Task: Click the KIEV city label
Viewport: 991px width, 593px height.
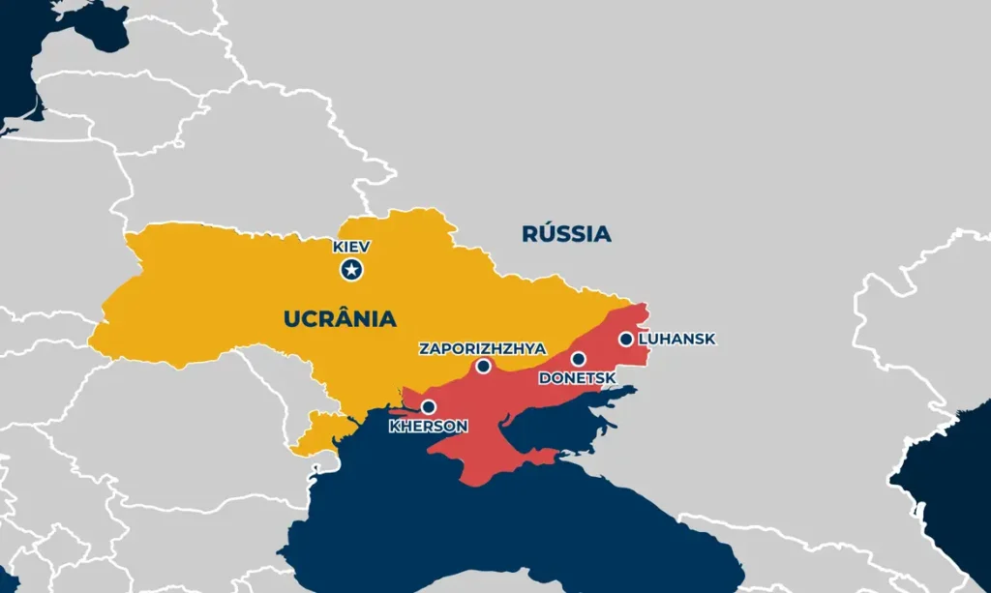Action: coord(351,248)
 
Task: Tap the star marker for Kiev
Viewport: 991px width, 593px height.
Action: coord(351,270)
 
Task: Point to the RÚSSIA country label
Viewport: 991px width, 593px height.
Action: coord(566,233)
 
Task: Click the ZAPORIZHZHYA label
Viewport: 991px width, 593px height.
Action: coord(482,348)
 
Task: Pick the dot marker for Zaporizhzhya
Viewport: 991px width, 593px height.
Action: coord(484,367)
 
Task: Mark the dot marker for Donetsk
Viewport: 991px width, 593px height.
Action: coord(578,359)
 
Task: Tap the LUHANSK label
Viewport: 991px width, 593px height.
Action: coord(676,340)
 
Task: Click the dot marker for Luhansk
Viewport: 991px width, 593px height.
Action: coord(626,339)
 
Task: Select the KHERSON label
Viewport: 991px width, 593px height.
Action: coord(428,426)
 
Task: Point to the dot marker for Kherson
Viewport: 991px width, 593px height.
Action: coord(428,407)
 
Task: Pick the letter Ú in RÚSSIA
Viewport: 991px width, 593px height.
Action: coord(542,233)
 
